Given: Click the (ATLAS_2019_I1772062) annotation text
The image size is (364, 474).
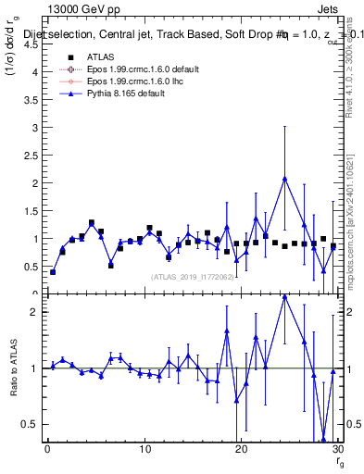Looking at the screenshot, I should (x=191, y=277).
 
